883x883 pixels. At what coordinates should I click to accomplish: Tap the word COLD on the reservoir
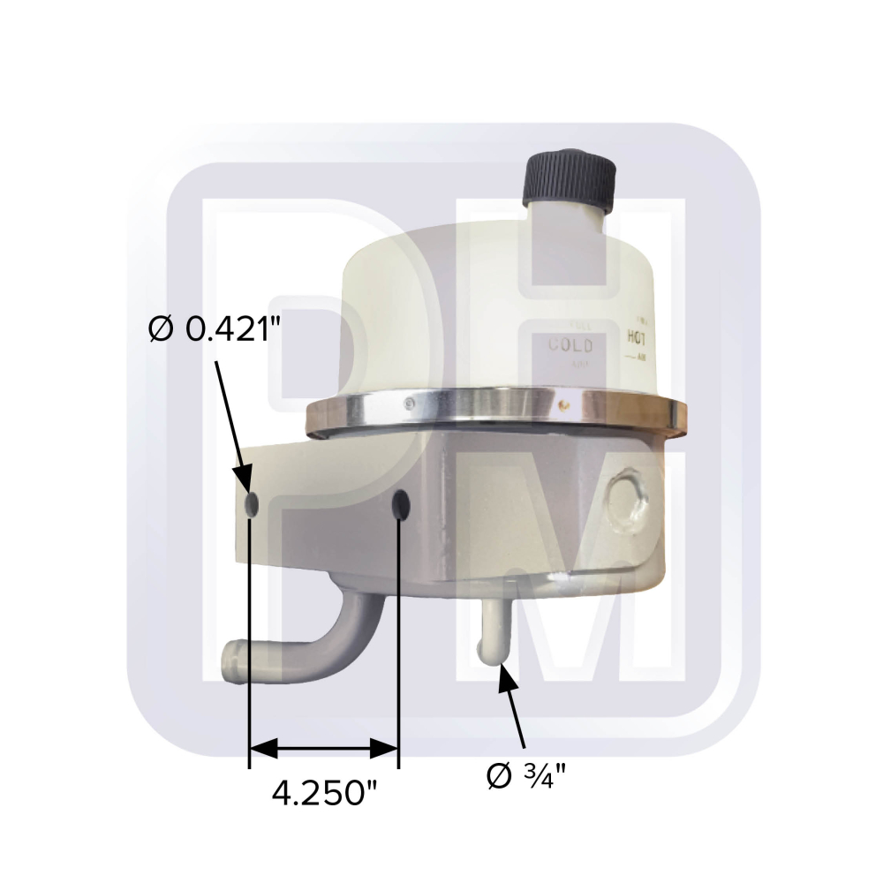(x=570, y=345)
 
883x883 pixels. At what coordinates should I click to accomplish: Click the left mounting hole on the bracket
(x=251, y=505)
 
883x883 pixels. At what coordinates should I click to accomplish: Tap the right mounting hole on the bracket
(x=400, y=507)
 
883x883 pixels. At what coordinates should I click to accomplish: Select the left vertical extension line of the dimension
(x=250, y=636)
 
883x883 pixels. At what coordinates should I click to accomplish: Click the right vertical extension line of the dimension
(x=400, y=636)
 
